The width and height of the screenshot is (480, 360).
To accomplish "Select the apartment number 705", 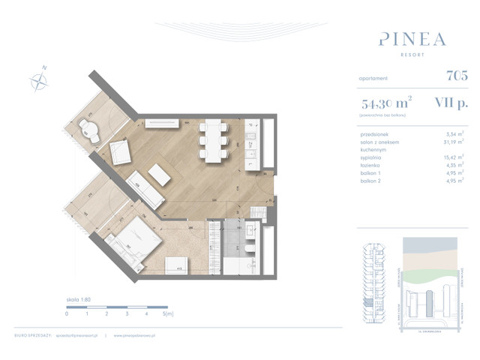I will click(x=456, y=75).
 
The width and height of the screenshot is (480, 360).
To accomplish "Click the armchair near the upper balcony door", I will click(x=122, y=152).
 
